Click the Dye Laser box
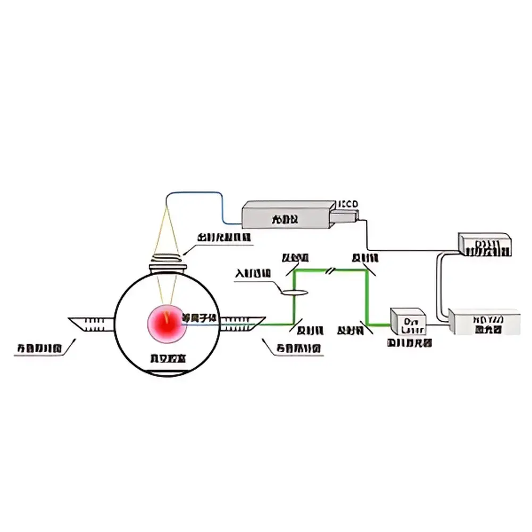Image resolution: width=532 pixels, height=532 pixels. [x=408, y=322]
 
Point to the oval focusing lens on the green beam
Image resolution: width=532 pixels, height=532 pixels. [x=293, y=291]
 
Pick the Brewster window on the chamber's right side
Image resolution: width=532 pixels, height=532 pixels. [x=242, y=323]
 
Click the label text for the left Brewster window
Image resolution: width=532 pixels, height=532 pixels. [x=40, y=348]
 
